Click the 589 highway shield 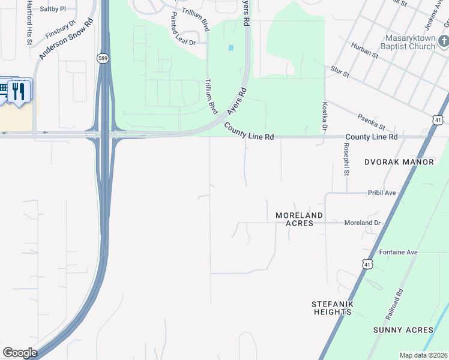(103, 58)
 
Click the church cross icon (444, 41)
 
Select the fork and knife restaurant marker (19, 91)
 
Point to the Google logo (20, 353)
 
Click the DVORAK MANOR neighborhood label (399, 162)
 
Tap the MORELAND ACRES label (299, 219)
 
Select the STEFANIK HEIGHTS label (331, 308)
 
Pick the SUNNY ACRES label (403, 330)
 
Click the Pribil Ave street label (382, 193)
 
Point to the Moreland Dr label (363, 223)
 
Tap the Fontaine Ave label (398, 252)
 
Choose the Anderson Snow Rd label (66, 37)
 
